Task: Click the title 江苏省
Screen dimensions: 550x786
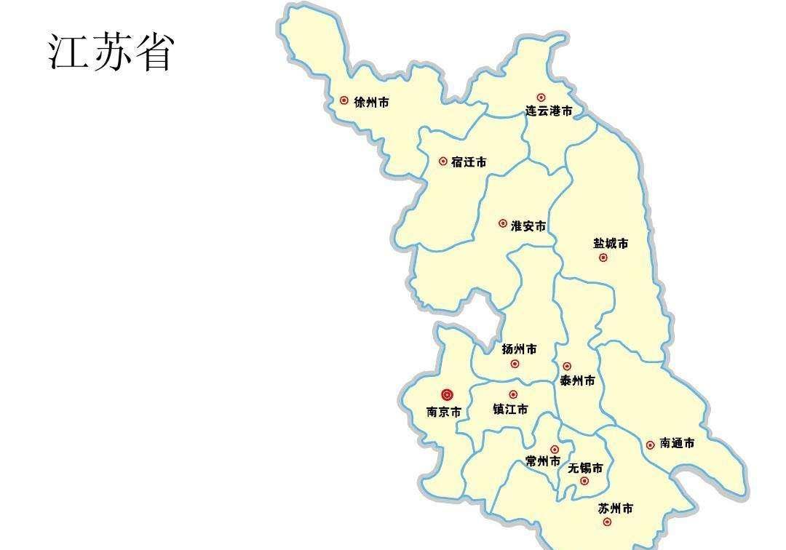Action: (x=111, y=52)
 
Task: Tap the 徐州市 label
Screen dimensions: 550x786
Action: (x=371, y=103)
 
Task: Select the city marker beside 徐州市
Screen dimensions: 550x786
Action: (x=344, y=100)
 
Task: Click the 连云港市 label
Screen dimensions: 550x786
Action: (x=549, y=111)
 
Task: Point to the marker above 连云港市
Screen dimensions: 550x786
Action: (x=541, y=97)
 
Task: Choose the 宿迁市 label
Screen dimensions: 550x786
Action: (x=469, y=162)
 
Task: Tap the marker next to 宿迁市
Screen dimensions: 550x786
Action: (x=443, y=162)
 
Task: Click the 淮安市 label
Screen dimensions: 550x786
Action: (x=528, y=226)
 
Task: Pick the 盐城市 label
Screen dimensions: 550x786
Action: (x=610, y=243)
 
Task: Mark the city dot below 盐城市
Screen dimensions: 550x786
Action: (x=603, y=258)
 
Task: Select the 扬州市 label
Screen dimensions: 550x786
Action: (x=519, y=349)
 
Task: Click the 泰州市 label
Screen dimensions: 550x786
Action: (x=577, y=380)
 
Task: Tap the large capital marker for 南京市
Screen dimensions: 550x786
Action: (x=447, y=395)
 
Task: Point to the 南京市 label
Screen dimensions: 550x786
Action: (x=443, y=412)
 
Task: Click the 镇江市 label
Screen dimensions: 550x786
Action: (x=510, y=410)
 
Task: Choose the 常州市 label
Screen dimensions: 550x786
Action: (x=543, y=461)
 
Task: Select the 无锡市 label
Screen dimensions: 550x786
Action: (x=585, y=468)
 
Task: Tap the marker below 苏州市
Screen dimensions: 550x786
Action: (x=608, y=522)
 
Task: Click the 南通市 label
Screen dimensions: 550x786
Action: (x=677, y=443)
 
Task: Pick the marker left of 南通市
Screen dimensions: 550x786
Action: (x=650, y=445)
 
